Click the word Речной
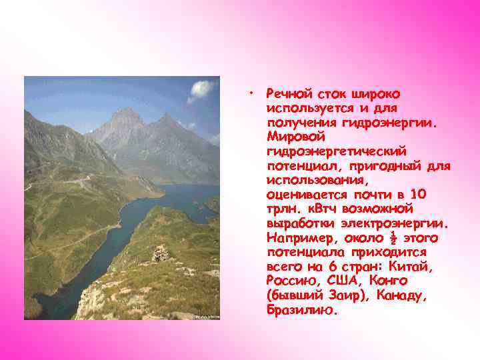287,93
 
